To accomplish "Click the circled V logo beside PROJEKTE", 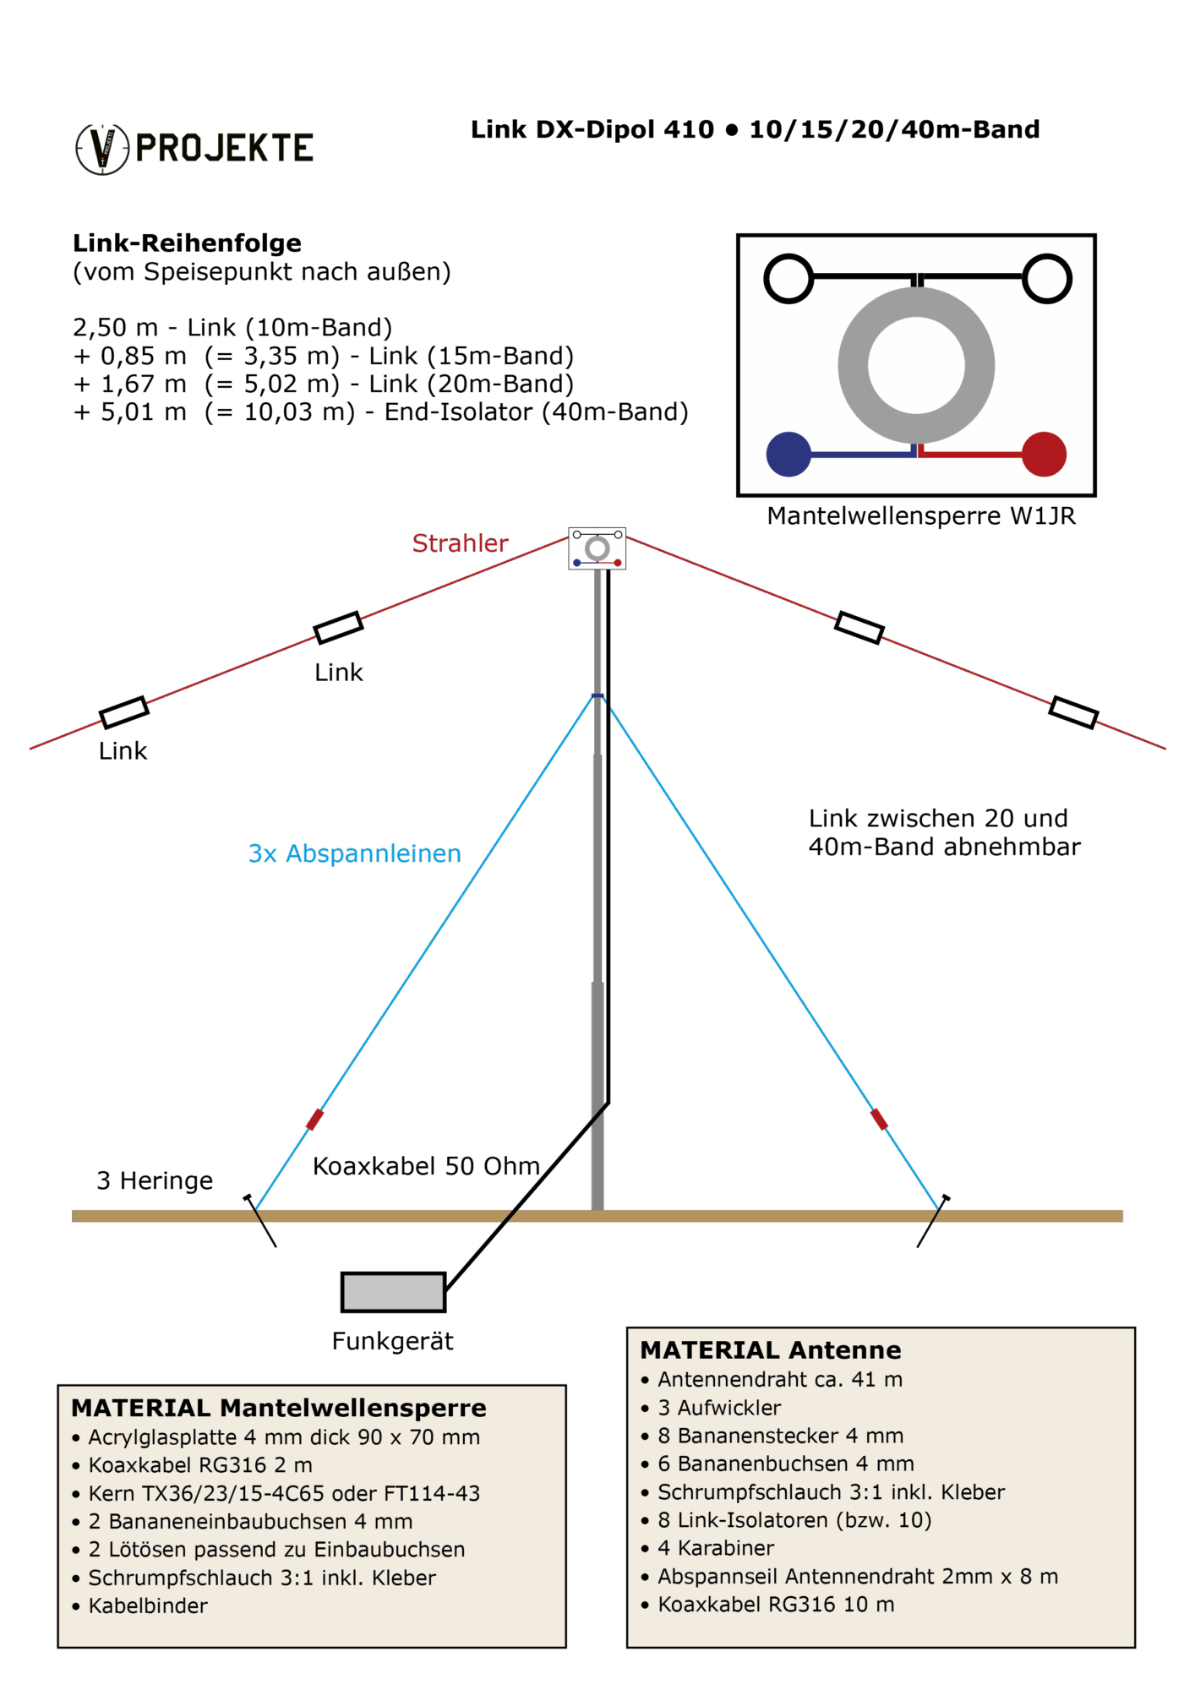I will coord(102,150).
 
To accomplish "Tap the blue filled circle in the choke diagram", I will coord(788,454).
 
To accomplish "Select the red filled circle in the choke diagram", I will coord(1044,454).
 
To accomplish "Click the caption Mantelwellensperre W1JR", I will coord(921,516).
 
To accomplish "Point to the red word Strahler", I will coord(460,543).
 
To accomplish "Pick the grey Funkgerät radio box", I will coord(393,1292).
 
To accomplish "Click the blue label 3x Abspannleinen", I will coord(354,853).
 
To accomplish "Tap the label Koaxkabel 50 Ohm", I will coord(426,1166).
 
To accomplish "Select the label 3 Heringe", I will coord(155,1180).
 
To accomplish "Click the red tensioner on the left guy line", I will coord(314,1119).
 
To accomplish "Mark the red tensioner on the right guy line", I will coord(879,1119).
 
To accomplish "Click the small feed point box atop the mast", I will coord(597,548).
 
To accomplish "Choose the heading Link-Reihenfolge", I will coord(187,243).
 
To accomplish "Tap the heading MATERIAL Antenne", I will coord(771,1349).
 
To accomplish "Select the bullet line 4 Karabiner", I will coord(716,1547).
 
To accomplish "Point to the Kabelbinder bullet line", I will coord(148,1605).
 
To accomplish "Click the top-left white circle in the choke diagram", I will coord(788,278).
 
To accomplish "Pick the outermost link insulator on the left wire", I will coord(124,712).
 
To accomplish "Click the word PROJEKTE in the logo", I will coord(225,149).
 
